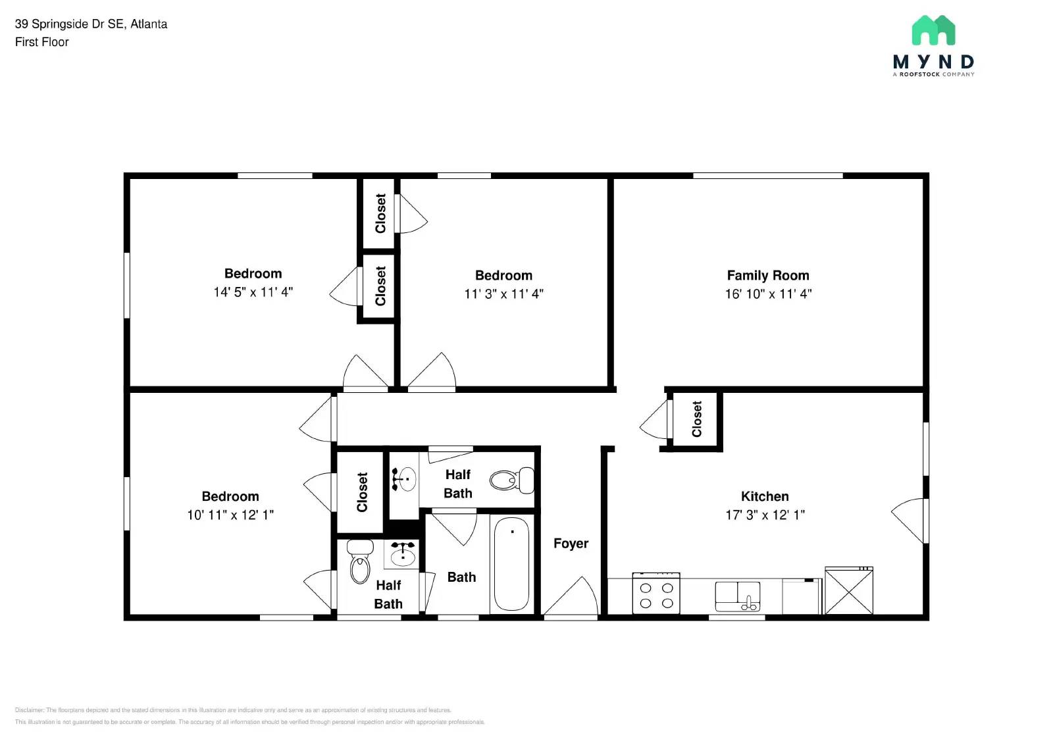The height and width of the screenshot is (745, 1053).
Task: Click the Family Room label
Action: [x=767, y=276]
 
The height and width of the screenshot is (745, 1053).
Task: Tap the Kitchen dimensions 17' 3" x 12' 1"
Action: [x=765, y=515]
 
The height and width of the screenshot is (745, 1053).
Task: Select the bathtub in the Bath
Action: [x=511, y=564]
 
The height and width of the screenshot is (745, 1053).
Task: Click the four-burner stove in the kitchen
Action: [x=656, y=594]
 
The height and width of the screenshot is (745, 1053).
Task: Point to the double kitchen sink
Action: [x=738, y=596]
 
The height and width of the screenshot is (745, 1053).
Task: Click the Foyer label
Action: [x=571, y=544]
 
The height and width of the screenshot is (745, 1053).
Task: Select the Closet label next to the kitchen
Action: [x=697, y=419]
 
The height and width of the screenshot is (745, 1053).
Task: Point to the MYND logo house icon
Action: [x=933, y=30]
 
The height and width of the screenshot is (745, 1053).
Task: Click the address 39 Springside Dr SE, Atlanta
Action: [x=91, y=24]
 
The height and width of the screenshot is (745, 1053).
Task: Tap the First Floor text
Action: [x=42, y=42]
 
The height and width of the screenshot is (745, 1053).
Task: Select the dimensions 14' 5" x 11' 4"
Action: [x=253, y=292]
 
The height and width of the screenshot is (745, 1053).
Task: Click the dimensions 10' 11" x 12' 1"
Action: [x=230, y=515]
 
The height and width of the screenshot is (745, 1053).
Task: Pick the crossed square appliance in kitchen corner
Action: [x=849, y=591]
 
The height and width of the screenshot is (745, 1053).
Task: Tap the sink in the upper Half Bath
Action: [x=404, y=478]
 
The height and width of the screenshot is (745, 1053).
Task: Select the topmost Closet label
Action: [x=380, y=213]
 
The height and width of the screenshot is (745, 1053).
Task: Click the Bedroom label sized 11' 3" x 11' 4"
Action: [x=503, y=276]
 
